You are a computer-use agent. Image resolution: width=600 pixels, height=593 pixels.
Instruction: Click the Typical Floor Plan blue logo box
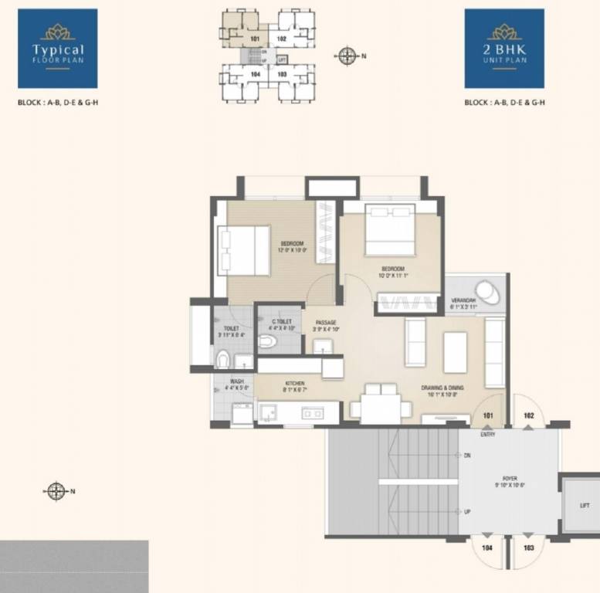coord(57,49)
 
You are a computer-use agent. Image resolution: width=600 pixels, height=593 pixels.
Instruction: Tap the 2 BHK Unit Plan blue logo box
coord(504,49)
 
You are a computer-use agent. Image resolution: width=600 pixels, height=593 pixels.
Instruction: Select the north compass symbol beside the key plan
coord(347,55)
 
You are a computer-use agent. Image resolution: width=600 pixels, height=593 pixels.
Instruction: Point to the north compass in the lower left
coord(56,490)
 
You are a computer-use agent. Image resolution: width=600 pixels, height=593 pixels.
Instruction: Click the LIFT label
coord(584,506)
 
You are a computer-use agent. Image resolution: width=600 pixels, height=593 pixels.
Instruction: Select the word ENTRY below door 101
coord(487,434)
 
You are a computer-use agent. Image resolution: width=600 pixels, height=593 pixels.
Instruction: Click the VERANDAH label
coord(463,300)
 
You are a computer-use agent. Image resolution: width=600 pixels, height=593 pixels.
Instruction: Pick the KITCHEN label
coord(294,383)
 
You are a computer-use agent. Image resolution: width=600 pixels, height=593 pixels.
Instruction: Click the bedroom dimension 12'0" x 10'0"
coord(293,249)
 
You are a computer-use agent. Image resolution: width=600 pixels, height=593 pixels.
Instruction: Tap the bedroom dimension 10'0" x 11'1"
coord(392,275)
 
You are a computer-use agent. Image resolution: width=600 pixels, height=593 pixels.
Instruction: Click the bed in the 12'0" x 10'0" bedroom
coord(243,250)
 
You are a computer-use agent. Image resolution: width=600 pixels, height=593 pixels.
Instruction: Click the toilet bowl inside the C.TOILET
coord(268,341)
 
